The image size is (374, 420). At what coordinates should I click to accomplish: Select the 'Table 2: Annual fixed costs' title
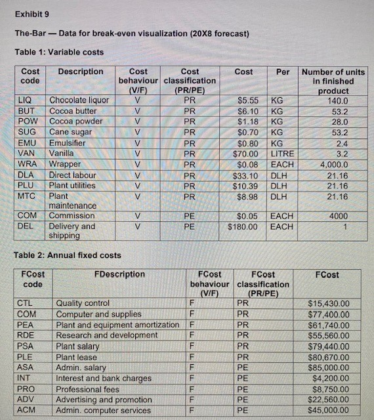pos(68,255)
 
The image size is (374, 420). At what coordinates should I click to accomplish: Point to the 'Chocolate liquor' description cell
pos(79,100)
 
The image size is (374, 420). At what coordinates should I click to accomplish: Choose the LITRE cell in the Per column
pos(283,153)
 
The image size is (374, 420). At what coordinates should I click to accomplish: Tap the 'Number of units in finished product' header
pos(333,81)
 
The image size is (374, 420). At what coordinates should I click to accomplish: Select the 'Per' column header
pos(283,72)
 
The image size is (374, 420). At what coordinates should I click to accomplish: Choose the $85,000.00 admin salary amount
pos(328,367)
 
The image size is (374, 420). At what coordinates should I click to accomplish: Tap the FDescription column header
pos(119,274)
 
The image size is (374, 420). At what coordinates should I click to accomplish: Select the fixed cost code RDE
pos(26,335)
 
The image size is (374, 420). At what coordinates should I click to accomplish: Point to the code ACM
pos(26,410)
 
